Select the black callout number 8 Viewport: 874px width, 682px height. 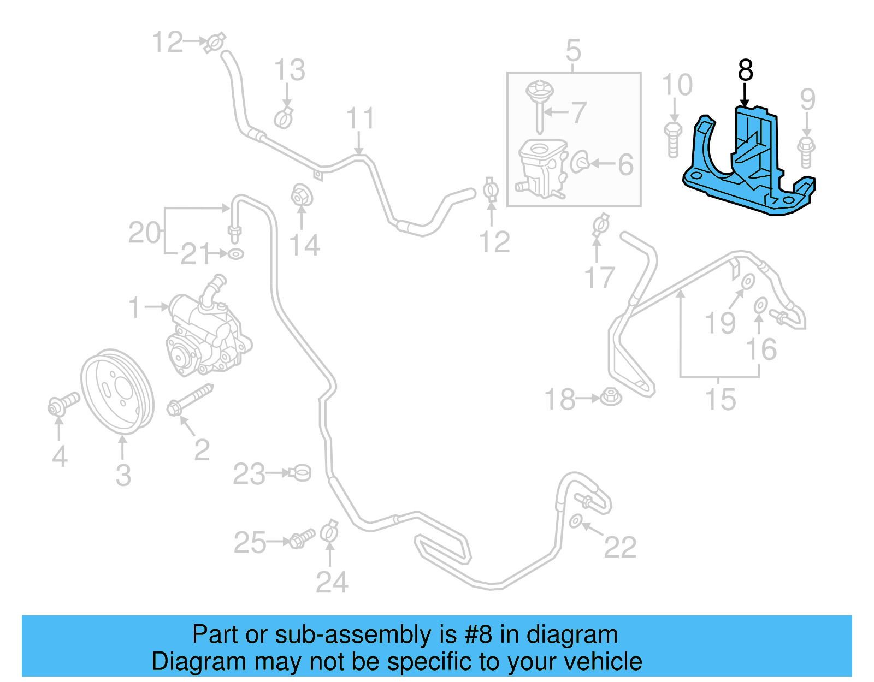click(745, 70)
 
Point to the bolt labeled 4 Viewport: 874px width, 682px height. click(62, 405)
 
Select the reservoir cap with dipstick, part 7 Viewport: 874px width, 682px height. click(540, 104)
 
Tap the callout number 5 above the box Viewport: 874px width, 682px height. click(573, 51)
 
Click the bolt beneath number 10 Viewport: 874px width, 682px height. click(672, 140)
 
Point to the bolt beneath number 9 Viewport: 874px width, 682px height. click(806, 152)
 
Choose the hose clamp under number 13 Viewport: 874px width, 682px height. click(284, 118)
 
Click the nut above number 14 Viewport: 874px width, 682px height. click(300, 195)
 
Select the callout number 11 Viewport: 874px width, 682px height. click(360, 118)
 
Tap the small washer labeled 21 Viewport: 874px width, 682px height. click(235, 254)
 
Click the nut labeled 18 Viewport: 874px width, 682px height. click(611, 396)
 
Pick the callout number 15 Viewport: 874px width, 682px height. click(721, 400)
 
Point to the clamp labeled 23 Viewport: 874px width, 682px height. click(300, 472)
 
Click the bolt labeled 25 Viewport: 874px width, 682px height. click(301, 538)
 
